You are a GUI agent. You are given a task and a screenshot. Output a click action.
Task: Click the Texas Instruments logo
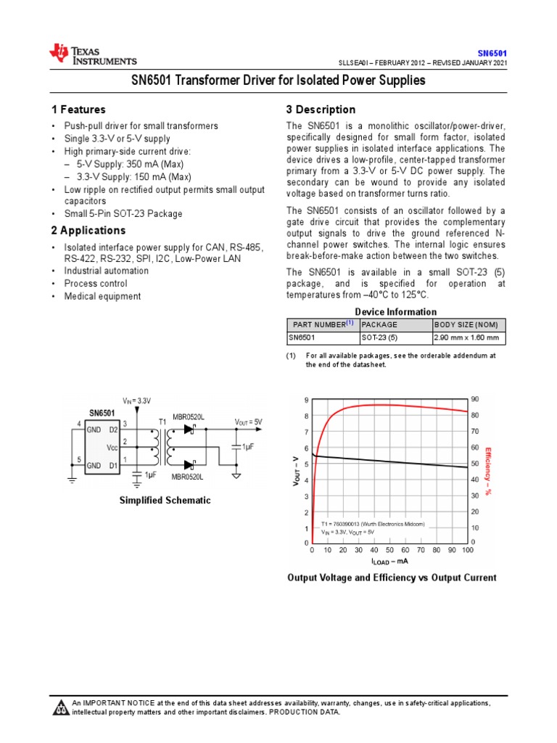[92, 54]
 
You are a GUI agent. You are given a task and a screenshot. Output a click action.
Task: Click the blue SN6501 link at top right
[492, 53]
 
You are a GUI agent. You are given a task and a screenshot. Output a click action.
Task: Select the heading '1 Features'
[78, 110]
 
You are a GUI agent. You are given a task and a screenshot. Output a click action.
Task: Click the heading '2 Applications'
[88, 231]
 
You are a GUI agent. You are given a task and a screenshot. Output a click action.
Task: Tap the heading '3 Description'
[321, 110]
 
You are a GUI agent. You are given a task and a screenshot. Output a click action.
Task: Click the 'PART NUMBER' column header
[321, 324]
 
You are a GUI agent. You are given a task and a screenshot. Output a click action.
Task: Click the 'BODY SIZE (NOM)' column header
[465, 324]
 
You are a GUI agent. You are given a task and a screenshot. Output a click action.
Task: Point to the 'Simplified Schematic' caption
[165, 501]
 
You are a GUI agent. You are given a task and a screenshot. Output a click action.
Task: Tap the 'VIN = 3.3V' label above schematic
[136, 401]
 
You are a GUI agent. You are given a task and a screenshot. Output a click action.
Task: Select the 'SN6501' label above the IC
[102, 413]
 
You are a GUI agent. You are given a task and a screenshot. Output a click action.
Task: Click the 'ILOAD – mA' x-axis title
[389, 561]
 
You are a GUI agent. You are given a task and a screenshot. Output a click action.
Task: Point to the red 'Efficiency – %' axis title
[489, 471]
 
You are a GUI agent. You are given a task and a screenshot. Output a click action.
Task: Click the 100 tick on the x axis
[467, 551]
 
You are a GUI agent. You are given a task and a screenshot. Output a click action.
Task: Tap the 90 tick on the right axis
[475, 400]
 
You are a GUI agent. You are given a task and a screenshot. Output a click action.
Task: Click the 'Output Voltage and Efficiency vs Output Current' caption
[392, 578]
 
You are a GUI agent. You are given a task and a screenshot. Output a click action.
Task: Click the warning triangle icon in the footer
[61, 707]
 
